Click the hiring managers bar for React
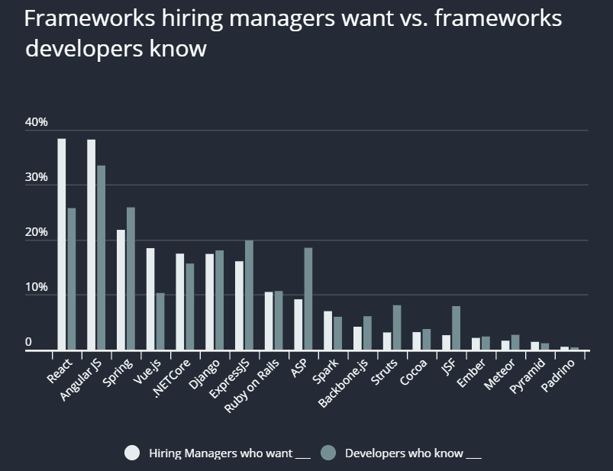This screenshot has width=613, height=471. (62, 244)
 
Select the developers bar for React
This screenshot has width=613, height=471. (72, 279)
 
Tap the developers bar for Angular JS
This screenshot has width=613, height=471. (101, 257)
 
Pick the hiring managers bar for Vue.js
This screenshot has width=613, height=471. (150, 298)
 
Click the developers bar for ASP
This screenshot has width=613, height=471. (308, 298)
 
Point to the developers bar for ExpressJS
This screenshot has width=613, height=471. (249, 295)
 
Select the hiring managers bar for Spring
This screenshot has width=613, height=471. (121, 289)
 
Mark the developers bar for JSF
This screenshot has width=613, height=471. (456, 327)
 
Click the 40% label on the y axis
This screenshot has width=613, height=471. (36, 122)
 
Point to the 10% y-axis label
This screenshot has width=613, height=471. (36, 288)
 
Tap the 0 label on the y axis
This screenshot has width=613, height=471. (28, 343)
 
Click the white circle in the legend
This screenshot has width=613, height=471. (133, 453)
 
